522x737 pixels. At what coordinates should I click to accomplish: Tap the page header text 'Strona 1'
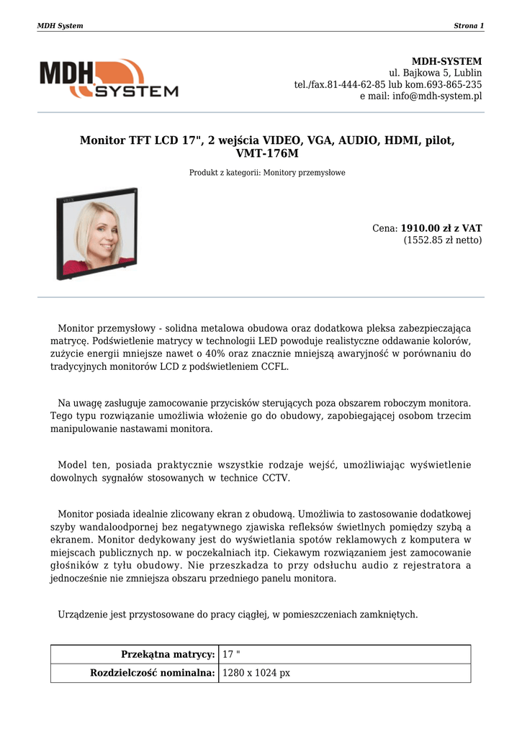click(469, 26)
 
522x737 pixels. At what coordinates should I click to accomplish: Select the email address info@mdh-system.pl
click(437, 96)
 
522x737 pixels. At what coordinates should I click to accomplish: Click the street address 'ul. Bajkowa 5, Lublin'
click(436, 73)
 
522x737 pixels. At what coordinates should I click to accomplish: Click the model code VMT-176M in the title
click(266, 153)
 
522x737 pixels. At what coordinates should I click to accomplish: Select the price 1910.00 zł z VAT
click(441, 228)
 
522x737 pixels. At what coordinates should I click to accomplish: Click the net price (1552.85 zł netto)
click(442, 240)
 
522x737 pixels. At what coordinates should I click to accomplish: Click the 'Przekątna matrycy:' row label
click(168, 654)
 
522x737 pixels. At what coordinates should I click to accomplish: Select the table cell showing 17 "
click(231, 654)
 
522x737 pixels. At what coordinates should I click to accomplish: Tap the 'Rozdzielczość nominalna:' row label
click(152, 673)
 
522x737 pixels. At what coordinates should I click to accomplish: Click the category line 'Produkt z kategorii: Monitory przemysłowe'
click(267, 173)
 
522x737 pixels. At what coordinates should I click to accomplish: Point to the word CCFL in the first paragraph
click(274, 366)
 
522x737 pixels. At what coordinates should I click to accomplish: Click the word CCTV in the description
click(276, 477)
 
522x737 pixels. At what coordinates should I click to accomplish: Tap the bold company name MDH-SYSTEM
click(446, 61)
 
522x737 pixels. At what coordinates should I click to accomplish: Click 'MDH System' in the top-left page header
click(60, 26)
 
